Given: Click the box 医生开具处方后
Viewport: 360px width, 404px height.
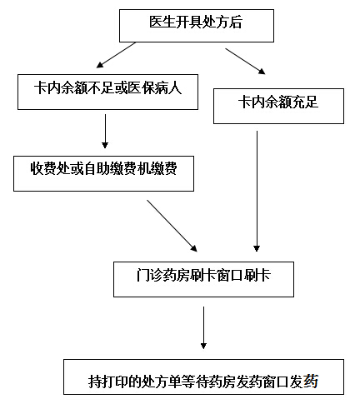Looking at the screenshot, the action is tap(197, 26).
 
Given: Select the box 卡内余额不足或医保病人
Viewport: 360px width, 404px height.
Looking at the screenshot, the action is tap(107, 92).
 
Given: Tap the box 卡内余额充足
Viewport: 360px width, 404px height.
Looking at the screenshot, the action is tap(278, 106).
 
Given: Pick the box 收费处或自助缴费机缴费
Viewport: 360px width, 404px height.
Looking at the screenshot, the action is tap(103, 173).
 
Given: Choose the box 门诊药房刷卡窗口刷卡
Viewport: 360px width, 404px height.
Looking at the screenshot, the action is tap(203, 279).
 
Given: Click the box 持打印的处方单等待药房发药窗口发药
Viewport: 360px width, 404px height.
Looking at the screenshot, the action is tap(203, 377).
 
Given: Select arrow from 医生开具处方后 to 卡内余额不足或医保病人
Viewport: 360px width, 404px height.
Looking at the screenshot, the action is tap(116, 55).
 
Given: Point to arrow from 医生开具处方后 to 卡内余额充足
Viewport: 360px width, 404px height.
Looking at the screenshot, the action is tap(245, 62).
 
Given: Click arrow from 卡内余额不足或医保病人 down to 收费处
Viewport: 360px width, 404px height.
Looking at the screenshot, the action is tap(105, 131).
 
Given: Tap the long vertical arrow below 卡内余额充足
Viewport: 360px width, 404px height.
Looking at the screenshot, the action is tap(257, 192).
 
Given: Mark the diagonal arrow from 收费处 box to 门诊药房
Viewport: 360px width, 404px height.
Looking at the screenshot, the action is tap(172, 226).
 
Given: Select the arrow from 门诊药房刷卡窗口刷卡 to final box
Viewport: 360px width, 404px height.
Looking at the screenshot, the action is tap(203, 327).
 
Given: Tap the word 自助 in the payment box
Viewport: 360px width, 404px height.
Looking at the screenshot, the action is tap(97, 168).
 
